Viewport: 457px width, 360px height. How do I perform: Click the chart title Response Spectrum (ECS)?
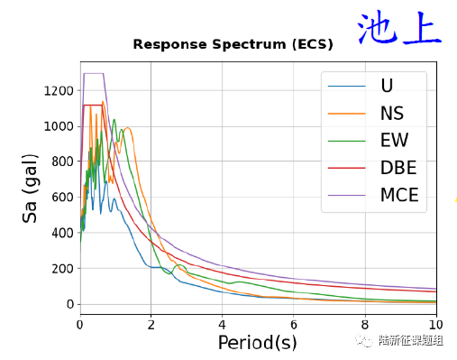click(x=233, y=44)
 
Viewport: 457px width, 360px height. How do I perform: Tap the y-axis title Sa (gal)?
click(x=30, y=189)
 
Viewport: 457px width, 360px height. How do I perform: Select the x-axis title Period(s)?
click(x=258, y=342)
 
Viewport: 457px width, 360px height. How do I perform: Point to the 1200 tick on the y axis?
click(x=59, y=90)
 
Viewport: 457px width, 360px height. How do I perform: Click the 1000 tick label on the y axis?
click(x=59, y=126)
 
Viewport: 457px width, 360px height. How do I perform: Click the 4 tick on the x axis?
click(x=222, y=325)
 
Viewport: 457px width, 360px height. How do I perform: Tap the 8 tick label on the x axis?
click(x=365, y=325)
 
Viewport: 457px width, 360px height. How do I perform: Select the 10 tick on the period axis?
click(x=436, y=325)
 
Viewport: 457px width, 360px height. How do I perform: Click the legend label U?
click(x=387, y=86)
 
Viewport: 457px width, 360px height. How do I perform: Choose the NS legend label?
click(x=392, y=114)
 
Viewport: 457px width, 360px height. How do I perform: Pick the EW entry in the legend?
click(x=395, y=140)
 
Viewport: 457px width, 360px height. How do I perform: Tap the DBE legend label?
click(x=398, y=168)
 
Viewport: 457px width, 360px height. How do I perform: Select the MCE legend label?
click(x=399, y=195)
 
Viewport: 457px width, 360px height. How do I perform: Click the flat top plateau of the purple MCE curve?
click(x=94, y=73)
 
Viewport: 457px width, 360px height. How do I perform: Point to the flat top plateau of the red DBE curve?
click(x=93, y=105)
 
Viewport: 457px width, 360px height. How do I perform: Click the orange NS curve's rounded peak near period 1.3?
click(x=127, y=128)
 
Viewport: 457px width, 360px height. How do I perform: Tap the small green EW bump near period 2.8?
click(x=179, y=265)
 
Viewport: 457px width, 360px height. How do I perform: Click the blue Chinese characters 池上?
click(x=399, y=28)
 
